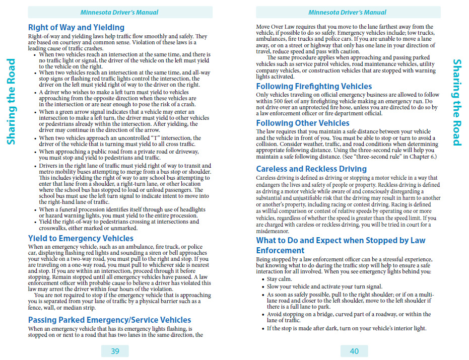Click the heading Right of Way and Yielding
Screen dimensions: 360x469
click(x=76, y=27)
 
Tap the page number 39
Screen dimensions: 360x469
click(x=115, y=351)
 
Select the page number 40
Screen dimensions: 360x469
click(x=354, y=351)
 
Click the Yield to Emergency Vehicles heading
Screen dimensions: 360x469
click(x=81, y=238)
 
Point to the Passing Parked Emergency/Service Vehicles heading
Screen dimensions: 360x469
click(x=109, y=320)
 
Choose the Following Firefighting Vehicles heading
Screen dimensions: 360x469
click(x=314, y=86)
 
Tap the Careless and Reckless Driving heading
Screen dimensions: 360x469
click(x=311, y=169)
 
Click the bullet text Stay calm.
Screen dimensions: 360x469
click(x=279, y=279)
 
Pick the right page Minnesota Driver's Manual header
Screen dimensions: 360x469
click(x=348, y=12)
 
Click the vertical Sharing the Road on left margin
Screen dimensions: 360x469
click(x=11, y=101)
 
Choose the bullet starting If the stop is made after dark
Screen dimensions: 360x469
click(x=346, y=328)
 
